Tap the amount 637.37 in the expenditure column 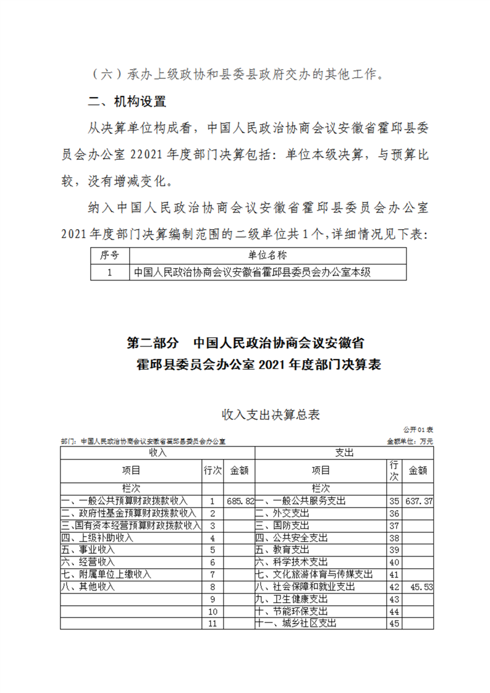(x=419, y=502)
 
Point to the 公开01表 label (x=418, y=429)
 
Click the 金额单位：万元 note (x=410, y=442)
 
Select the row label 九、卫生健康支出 (x=291, y=599)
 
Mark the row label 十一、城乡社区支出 (x=296, y=624)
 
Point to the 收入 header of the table (x=157, y=453)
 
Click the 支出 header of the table (x=344, y=453)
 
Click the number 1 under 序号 (x=109, y=272)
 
